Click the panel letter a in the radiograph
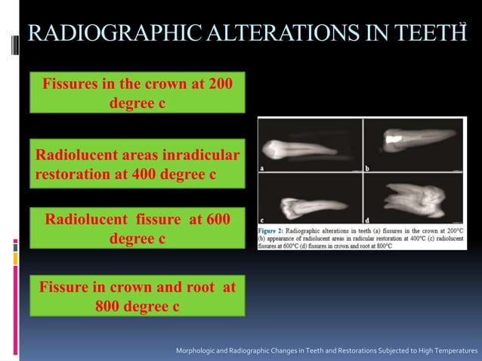(262, 168)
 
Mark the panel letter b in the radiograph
(366, 168)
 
